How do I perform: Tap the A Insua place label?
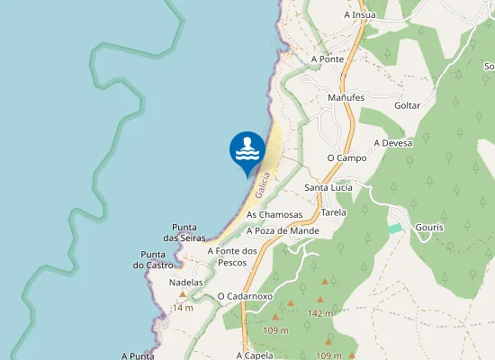point(360,14)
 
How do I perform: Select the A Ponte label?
point(328,59)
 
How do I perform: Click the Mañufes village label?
point(346,97)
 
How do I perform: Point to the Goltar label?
point(408,105)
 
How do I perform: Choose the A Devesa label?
point(393,143)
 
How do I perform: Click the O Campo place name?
point(346,157)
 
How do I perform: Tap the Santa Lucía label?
point(328,187)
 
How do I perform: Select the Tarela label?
point(334,213)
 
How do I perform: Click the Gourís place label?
point(430,228)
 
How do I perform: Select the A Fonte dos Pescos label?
point(233,256)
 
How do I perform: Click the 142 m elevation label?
point(320,313)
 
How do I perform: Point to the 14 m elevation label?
point(184,308)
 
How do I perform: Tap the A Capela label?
point(255,355)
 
